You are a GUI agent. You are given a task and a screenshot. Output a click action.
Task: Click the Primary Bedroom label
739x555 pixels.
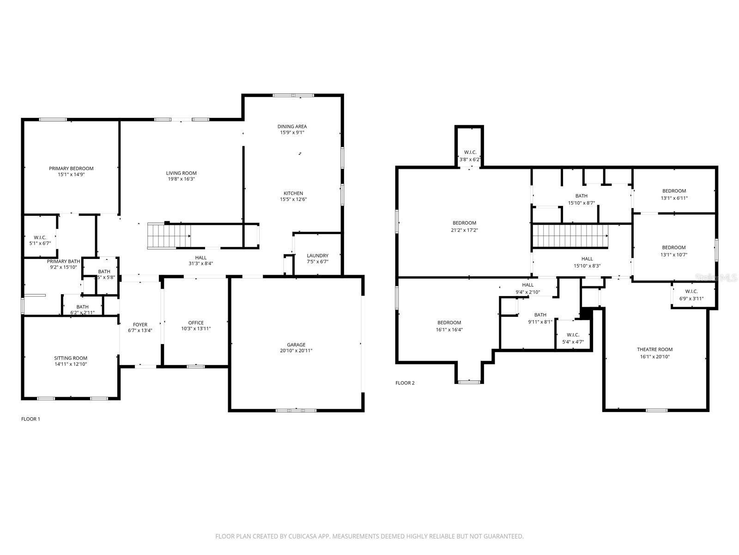[71, 169]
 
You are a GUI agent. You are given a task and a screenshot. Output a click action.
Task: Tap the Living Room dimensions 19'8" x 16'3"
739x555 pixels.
[181, 179]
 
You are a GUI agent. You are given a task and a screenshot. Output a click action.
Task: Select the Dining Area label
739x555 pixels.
[292, 127]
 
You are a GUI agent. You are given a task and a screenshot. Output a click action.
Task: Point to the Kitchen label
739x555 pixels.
[293, 193]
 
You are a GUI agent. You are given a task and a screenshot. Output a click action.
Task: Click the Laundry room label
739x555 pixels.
[317, 256]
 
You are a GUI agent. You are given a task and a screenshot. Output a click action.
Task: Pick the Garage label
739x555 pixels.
[296, 345]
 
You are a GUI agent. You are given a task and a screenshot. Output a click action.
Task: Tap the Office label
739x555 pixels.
[196, 323]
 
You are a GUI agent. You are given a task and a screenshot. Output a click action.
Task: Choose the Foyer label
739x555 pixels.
[140, 325]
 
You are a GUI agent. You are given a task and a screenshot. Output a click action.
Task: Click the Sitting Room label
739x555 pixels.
[71, 358]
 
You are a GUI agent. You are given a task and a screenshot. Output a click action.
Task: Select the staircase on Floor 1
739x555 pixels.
[169, 236]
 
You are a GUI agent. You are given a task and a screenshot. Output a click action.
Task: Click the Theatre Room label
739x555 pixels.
[654, 350]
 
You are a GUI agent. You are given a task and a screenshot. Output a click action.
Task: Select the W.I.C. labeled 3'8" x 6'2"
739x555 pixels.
[470, 156]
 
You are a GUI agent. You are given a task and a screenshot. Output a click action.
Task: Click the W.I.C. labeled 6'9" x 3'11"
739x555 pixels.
[691, 295]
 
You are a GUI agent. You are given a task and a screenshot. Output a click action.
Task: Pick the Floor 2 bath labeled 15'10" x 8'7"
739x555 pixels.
[581, 199]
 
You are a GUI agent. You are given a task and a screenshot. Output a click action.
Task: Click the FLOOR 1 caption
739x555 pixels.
[31, 419]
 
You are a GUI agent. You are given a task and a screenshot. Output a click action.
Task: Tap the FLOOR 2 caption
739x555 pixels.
[405, 383]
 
